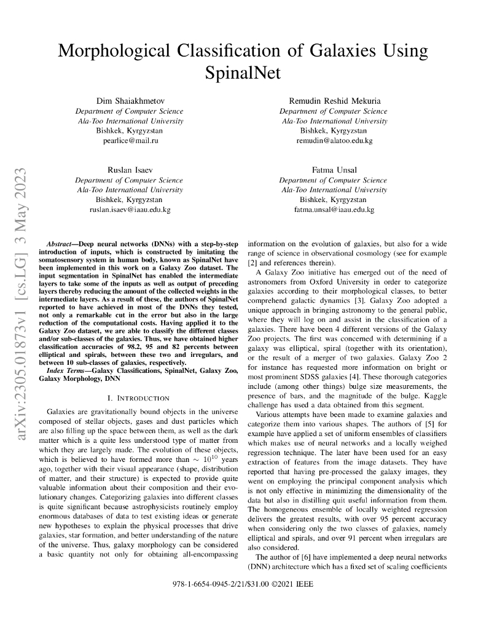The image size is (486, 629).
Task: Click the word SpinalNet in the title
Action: coord(243,74)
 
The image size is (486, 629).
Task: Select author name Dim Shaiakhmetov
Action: coord(129,101)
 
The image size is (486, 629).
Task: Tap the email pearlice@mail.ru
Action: coord(129,141)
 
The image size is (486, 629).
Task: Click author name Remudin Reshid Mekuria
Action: coord(333,101)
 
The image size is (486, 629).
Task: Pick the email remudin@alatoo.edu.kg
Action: coord(334,141)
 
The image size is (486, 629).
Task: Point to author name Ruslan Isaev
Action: coord(129,170)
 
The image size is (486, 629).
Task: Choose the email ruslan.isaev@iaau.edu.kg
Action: coord(130,209)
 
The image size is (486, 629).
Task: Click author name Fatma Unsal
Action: coord(334,170)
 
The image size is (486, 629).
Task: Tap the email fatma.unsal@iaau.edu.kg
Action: coord(334,209)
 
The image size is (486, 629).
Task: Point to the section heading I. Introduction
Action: coord(138,398)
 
